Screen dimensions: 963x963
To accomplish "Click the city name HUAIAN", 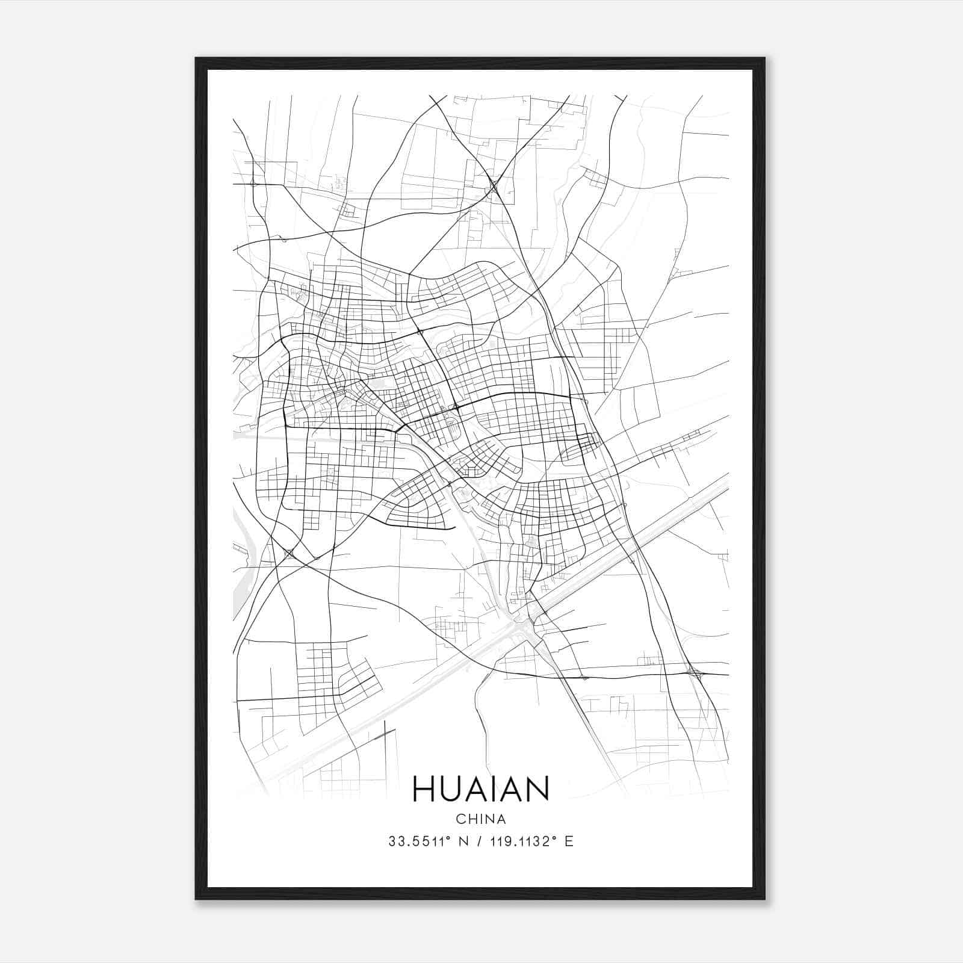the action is (x=481, y=788).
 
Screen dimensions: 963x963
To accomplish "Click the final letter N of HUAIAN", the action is (x=537, y=788).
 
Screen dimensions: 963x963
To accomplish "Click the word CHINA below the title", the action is (x=481, y=819).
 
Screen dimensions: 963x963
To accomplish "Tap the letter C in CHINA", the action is (x=460, y=819).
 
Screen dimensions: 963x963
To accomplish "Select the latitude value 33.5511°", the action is (x=418, y=841).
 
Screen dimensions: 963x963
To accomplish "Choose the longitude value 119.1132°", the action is (x=519, y=841).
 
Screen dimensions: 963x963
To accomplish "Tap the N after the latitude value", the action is (x=463, y=841).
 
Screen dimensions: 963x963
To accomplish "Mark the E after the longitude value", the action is (x=569, y=841).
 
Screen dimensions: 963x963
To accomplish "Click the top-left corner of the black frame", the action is (x=196, y=58).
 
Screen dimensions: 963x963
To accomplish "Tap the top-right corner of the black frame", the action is (x=764, y=58).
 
